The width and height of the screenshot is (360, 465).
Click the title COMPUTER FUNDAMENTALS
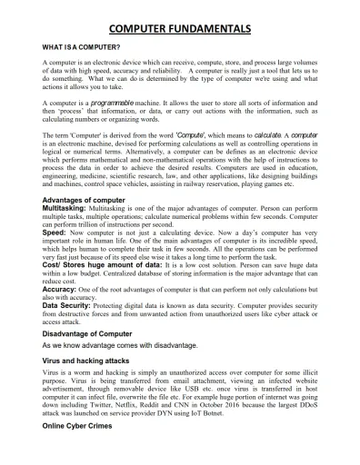(x=179, y=29)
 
